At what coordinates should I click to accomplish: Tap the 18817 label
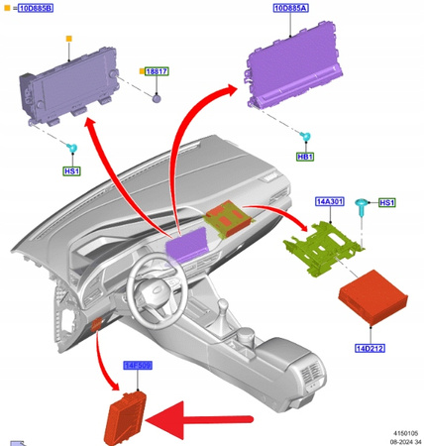(x=157, y=73)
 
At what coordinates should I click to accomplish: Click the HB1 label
(x=305, y=157)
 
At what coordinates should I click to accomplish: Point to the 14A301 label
(x=329, y=202)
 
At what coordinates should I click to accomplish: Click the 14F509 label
(x=137, y=365)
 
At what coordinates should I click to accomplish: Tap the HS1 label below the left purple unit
(x=71, y=171)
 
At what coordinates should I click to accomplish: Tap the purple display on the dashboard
(x=187, y=244)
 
